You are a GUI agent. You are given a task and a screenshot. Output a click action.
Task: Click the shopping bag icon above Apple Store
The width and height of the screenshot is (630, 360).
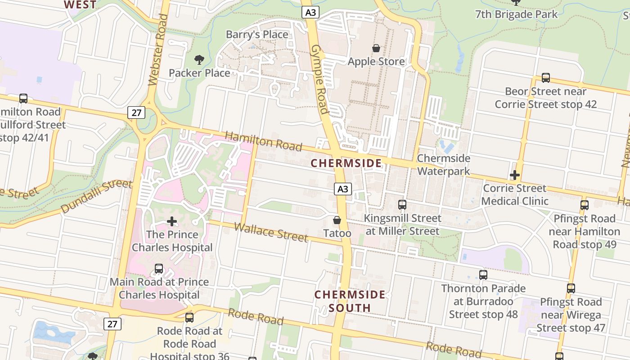pos(376,48)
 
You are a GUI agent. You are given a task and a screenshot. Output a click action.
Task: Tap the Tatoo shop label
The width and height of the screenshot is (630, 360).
pos(337,233)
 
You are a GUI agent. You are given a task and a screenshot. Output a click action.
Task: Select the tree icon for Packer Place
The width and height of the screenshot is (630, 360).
pos(199,59)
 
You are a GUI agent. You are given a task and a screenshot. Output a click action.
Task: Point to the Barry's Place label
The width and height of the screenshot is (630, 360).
pos(257,35)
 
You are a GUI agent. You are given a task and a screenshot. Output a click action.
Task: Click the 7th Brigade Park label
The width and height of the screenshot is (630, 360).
pos(516,14)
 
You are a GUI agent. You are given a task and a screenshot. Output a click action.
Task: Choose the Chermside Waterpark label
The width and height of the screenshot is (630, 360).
pos(443,165)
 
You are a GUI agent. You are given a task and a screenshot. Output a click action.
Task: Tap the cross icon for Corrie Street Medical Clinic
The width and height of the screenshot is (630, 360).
pos(515,175)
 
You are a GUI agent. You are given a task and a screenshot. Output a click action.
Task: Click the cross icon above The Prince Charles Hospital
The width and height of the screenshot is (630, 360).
pos(171,221)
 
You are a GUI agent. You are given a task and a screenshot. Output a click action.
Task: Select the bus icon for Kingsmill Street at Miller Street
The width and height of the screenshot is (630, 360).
pos(402,205)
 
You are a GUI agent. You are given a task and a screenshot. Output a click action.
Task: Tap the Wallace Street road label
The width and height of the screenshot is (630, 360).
pos(271,232)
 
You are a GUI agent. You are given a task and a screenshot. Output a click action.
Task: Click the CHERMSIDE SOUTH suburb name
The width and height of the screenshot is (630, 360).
pos(350,301)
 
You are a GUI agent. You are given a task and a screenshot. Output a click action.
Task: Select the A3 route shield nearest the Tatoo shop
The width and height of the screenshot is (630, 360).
pos(342,189)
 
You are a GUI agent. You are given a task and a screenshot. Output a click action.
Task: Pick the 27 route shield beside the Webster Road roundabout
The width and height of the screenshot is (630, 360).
pos(136,112)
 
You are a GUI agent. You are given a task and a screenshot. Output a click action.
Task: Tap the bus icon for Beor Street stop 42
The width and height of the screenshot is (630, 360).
pos(545,78)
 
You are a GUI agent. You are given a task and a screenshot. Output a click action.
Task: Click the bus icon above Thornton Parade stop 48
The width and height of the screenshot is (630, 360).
pos(483,275)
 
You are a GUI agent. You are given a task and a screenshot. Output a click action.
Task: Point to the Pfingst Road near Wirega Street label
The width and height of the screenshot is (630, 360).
pos(571,315)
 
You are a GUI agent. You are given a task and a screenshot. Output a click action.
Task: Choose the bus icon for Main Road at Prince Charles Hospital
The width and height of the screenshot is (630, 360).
pos(159,269)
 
